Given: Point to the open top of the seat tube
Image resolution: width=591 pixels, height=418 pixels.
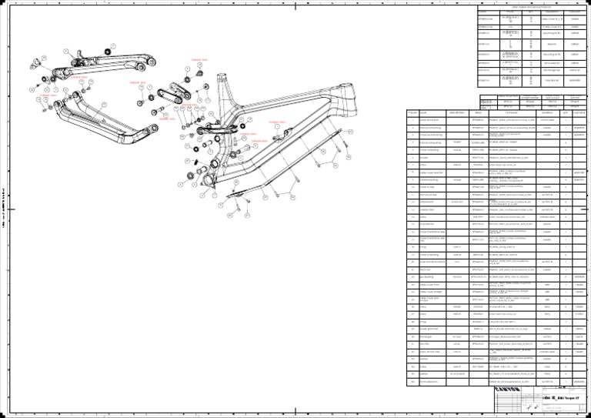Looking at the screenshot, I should coord(224,80).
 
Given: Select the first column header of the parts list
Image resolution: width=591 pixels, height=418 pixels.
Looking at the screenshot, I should coord(412,112).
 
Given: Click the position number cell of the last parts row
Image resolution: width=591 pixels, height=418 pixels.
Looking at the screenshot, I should coord(412,381).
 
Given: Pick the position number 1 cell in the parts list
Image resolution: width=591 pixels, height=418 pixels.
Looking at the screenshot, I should coord(412,120).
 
